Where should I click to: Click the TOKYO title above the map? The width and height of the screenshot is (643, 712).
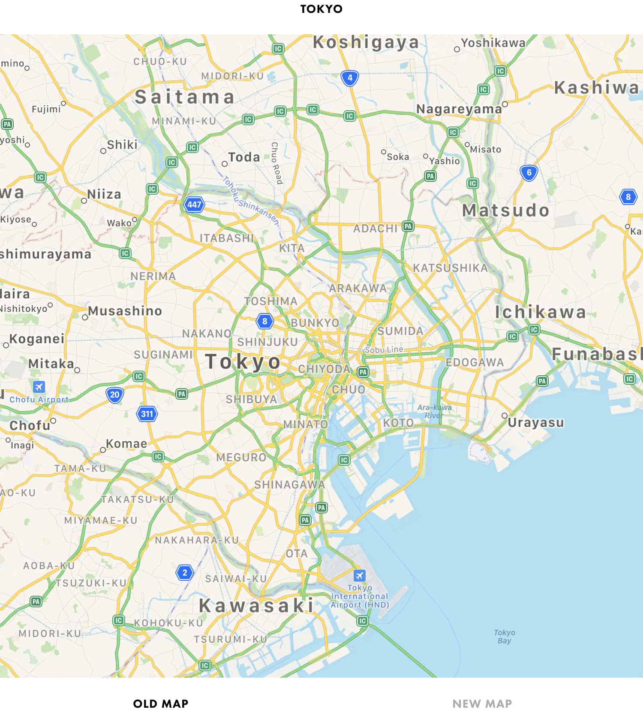tap(321, 9)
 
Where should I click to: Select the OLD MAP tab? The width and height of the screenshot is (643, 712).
tap(161, 704)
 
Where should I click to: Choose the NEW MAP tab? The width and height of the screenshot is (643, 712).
tap(482, 704)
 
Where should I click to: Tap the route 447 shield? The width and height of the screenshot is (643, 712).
tap(194, 205)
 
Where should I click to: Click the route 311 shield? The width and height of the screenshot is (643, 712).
tap(147, 414)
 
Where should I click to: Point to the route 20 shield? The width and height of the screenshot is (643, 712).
tap(114, 395)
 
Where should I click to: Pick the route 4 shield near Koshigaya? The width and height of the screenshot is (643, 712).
tap(350, 78)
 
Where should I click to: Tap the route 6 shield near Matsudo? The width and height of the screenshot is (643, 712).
tap(529, 173)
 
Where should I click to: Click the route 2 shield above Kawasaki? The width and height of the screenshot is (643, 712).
tap(185, 573)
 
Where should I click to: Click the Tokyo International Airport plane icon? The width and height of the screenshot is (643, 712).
tap(360, 575)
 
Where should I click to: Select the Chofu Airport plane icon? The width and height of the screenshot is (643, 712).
tap(39, 386)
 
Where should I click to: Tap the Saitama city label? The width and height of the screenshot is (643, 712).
tap(185, 97)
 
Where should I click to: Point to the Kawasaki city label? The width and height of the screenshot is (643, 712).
tap(256, 606)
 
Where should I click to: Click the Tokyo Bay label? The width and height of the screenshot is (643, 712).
tap(504, 637)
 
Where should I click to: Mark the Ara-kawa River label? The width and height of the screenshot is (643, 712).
tap(434, 411)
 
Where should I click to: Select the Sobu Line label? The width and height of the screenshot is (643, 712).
tap(384, 350)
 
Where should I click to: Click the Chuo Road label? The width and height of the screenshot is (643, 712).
tap(276, 163)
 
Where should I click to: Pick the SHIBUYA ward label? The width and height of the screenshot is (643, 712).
tap(252, 399)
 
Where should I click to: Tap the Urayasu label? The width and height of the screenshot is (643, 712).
tap(536, 422)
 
